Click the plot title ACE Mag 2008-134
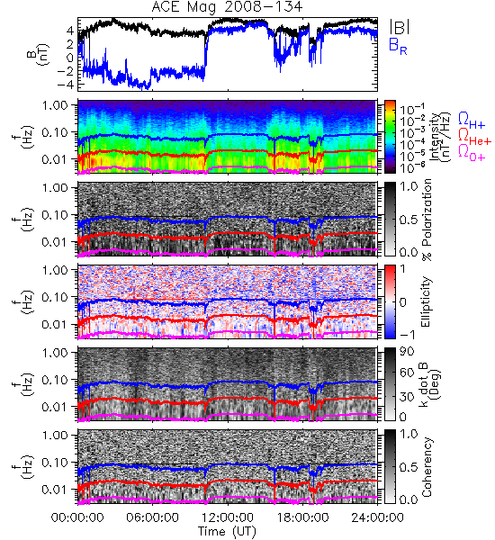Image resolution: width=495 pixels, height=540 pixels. [x=227, y=6]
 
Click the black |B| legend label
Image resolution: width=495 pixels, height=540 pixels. [x=400, y=26]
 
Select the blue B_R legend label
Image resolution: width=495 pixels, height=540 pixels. [x=398, y=47]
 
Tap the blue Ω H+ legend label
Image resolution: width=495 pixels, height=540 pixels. [x=472, y=121]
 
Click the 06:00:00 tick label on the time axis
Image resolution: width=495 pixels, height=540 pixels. [x=152, y=517]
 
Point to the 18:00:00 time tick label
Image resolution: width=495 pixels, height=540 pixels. [x=302, y=517]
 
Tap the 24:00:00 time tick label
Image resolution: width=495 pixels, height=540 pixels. [x=377, y=517]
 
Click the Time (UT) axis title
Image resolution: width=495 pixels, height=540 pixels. [x=227, y=531]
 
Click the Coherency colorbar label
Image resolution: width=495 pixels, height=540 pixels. [x=427, y=467]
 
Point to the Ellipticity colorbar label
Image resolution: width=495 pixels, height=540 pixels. [x=426, y=302]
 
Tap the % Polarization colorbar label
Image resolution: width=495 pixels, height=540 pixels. [x=427, y=220]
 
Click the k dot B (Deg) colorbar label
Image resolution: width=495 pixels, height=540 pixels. [x=429, y=384]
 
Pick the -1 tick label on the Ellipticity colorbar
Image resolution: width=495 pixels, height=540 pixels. [x=407, y=335]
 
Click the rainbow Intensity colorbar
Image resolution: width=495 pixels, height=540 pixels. [x=390, y=137]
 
